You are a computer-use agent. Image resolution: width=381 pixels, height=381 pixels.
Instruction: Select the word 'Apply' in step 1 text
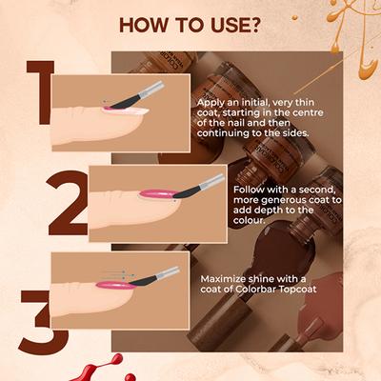[x=211, y=101]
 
